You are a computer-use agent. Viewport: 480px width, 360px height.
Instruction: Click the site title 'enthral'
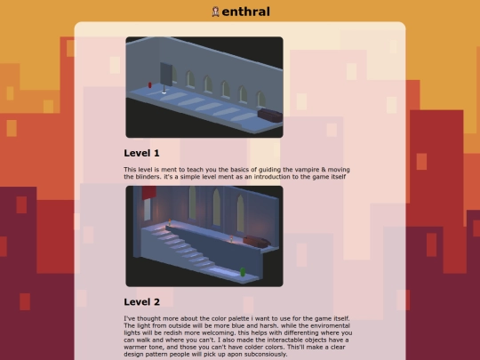pos(246,12)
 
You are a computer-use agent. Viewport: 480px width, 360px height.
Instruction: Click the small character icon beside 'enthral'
pos(215,12)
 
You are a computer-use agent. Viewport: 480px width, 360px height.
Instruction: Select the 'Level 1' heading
pos(141,153)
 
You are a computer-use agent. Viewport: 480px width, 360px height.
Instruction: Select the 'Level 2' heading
pos(141,301)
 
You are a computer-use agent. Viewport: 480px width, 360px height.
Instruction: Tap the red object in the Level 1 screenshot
pos(150,85)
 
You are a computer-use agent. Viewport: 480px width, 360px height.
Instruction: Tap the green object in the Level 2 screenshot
pos(243,271)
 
